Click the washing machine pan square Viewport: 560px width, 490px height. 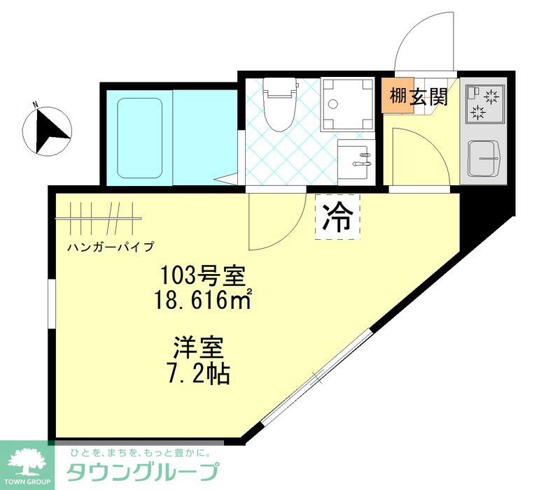pyautogui.click(x=347, y=104)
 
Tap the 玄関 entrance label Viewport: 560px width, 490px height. pyautogui.click(x=429, y=97)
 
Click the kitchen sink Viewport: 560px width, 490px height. pyautogui.click(x=484, y=158)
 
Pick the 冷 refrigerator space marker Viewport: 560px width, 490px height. pyautogui.click(x=337, y=217)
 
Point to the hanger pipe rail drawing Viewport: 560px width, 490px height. pyautogui.click(x=98, y=218)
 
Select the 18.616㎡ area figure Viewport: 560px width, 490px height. pyautogui.click(x=202, y=301)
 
